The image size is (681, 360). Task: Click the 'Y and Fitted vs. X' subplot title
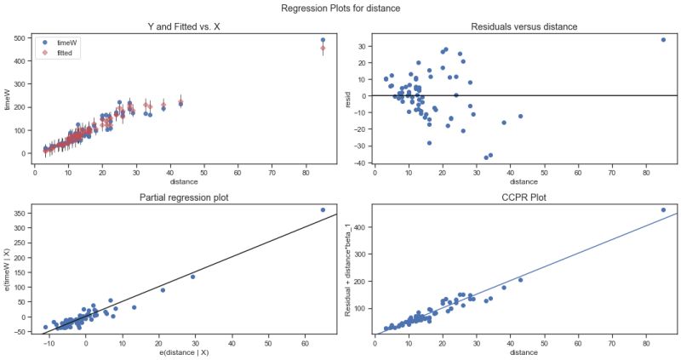pos(186,26)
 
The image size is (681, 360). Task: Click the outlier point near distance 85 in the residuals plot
pos(663,39)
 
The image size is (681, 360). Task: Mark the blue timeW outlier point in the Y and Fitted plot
pos(323,40)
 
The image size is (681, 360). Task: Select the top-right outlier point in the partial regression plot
pos(323,209)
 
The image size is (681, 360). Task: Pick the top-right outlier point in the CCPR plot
pos(663,209)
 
